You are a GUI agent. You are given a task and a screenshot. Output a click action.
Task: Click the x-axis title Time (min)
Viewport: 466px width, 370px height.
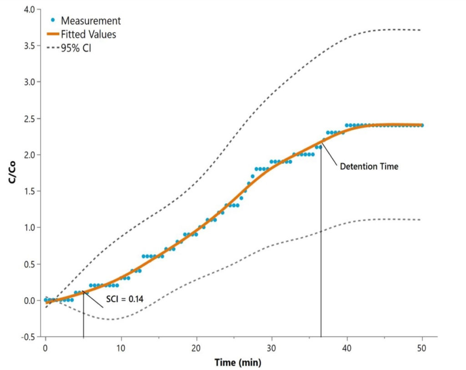(x=238, y=362)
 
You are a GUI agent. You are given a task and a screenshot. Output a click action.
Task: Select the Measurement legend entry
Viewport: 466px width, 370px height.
(x=91, y=20)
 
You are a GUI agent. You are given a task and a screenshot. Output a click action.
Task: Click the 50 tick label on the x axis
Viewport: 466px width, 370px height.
(x=422, y=348)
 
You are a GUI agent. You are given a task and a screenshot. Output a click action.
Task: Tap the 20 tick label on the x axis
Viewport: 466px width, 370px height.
(x=196, y=348)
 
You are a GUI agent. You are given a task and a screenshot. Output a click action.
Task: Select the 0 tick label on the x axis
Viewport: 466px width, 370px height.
(x=46, y=348)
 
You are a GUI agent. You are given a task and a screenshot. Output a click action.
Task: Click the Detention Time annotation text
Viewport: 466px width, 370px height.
(x=369, y=167)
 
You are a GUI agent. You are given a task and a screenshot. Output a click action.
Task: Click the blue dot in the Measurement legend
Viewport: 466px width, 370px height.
(x=53, y=20)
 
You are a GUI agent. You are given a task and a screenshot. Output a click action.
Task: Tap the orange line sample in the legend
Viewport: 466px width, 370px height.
(x=53, y=34)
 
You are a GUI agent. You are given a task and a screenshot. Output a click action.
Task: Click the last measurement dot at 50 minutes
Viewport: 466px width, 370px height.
(x=422, y=125)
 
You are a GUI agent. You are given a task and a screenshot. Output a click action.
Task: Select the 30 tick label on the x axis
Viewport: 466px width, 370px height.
(x=272, y=348)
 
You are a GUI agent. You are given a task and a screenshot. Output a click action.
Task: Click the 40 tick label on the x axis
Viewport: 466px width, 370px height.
(x=347, y=348)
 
